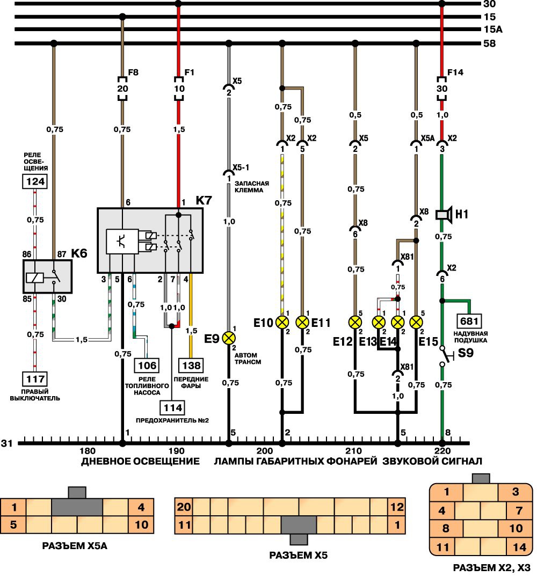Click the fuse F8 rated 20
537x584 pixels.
(x=122, y=89)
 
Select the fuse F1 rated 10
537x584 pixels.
(x=178, y=89)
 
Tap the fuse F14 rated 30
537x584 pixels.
(x=442, y=89)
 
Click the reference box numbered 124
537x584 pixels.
(x=34, y=181)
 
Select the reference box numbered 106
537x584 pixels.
(x=147, y=366)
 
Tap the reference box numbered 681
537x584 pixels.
(x=470, y=322)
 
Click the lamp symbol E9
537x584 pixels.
(x=229, y=338)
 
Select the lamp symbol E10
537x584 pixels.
(x=282, y=322)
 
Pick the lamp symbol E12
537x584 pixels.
(x=355, y=322)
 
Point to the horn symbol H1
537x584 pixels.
(x=443, y=215)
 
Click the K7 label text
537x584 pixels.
(x=204, y=200)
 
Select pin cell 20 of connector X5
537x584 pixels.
(x=184, y=507)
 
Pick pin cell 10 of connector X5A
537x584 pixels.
(x=141, y=524)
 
